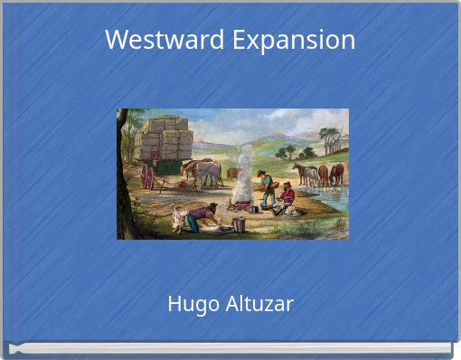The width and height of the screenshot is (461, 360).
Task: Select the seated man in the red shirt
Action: (287, 197)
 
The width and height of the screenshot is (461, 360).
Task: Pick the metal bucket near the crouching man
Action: (238, 224)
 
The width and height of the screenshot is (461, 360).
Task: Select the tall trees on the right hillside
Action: (332, 138)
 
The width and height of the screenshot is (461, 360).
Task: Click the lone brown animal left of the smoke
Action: (231, 172)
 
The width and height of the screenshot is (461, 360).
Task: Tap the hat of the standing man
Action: (261, 173)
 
